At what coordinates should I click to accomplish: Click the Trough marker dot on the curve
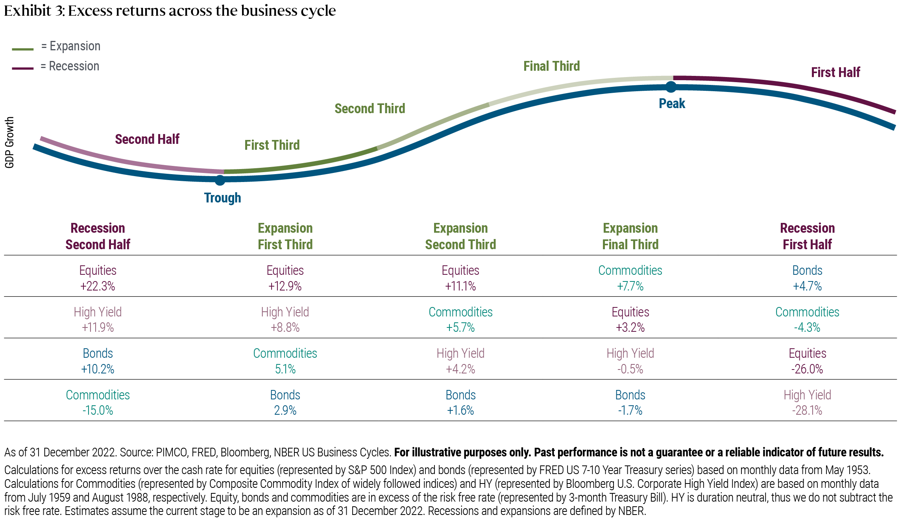[x=220, y=180]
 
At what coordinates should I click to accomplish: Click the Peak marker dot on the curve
[x=671, y=87]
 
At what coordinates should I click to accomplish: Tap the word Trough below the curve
[x=222, y=198]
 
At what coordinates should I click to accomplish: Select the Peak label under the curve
[x=672, y=103]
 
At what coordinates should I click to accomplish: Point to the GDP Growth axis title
[x=9, y=142]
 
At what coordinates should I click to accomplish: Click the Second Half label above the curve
[x=147, y=139]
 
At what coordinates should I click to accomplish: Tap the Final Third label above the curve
[x=551, y=66]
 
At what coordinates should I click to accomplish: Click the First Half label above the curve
[x=835, y=72]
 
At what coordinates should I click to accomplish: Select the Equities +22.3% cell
[x=98, y=278]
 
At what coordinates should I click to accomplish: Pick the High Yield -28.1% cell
[x=807, y=403]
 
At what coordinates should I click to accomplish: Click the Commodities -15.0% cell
[x=98, y=403]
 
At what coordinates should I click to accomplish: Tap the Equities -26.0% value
[x=807, y=369]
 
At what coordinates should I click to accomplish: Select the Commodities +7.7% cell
[x=630, y=278]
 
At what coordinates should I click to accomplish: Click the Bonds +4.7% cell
[x=807, y=278]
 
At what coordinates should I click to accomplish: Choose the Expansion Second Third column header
[x=460, y=236]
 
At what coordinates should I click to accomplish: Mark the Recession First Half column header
[x=807, y=236]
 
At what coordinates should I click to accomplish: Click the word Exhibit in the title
[x=28, y=11]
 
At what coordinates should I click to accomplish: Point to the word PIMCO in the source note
[x=171, y=452]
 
